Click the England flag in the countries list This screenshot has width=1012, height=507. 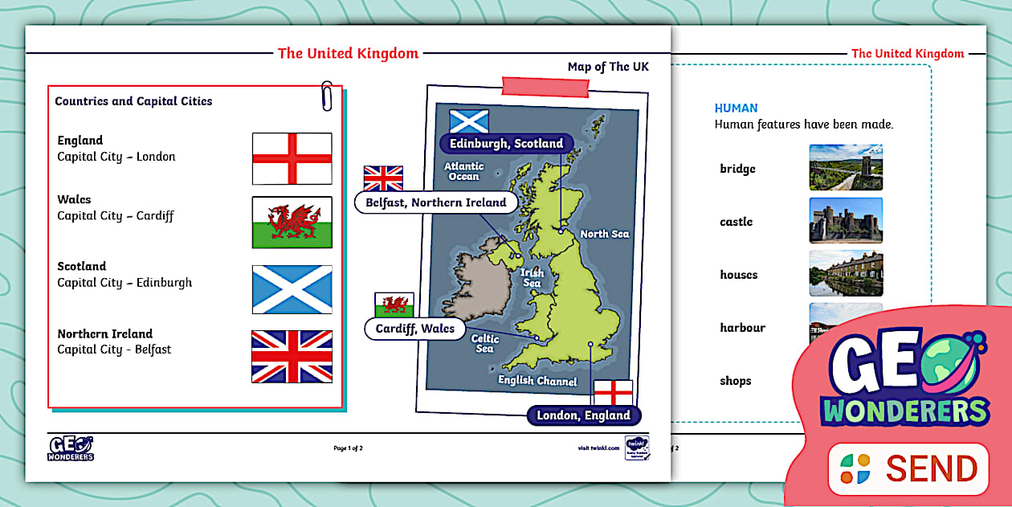[x=292, y=158]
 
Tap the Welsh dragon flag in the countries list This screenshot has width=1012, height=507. [x=292, y=223]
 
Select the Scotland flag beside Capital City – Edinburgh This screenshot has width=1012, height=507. [x=292, y=289]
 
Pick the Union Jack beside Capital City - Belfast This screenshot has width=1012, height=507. [x=292, y=356]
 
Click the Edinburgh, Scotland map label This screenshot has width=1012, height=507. [x=506, y=144]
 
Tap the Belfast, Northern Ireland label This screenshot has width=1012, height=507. [x=436, y=202]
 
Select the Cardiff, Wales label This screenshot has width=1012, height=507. [x=415, y=329]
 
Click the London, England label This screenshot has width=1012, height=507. [x=584, y=415]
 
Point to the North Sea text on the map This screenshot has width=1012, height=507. [x=605, y=234]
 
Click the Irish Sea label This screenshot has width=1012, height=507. [x=533, y=278]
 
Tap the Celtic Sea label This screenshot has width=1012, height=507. [x=485, y=344]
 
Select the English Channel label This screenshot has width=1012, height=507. [x=537, y=381]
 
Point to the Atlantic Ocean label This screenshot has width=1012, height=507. [x=463, y=171]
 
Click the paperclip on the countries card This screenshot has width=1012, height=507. [x=327, y=95]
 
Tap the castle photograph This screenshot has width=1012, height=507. [x=846, y=221]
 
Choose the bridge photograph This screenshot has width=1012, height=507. [x=846, y=167]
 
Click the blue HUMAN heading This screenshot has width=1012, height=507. [x=736, y=108]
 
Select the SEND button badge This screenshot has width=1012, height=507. [x=908, y=468]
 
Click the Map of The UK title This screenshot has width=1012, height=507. [x=608, y=67]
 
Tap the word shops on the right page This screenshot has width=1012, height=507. [x=736, y=381]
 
